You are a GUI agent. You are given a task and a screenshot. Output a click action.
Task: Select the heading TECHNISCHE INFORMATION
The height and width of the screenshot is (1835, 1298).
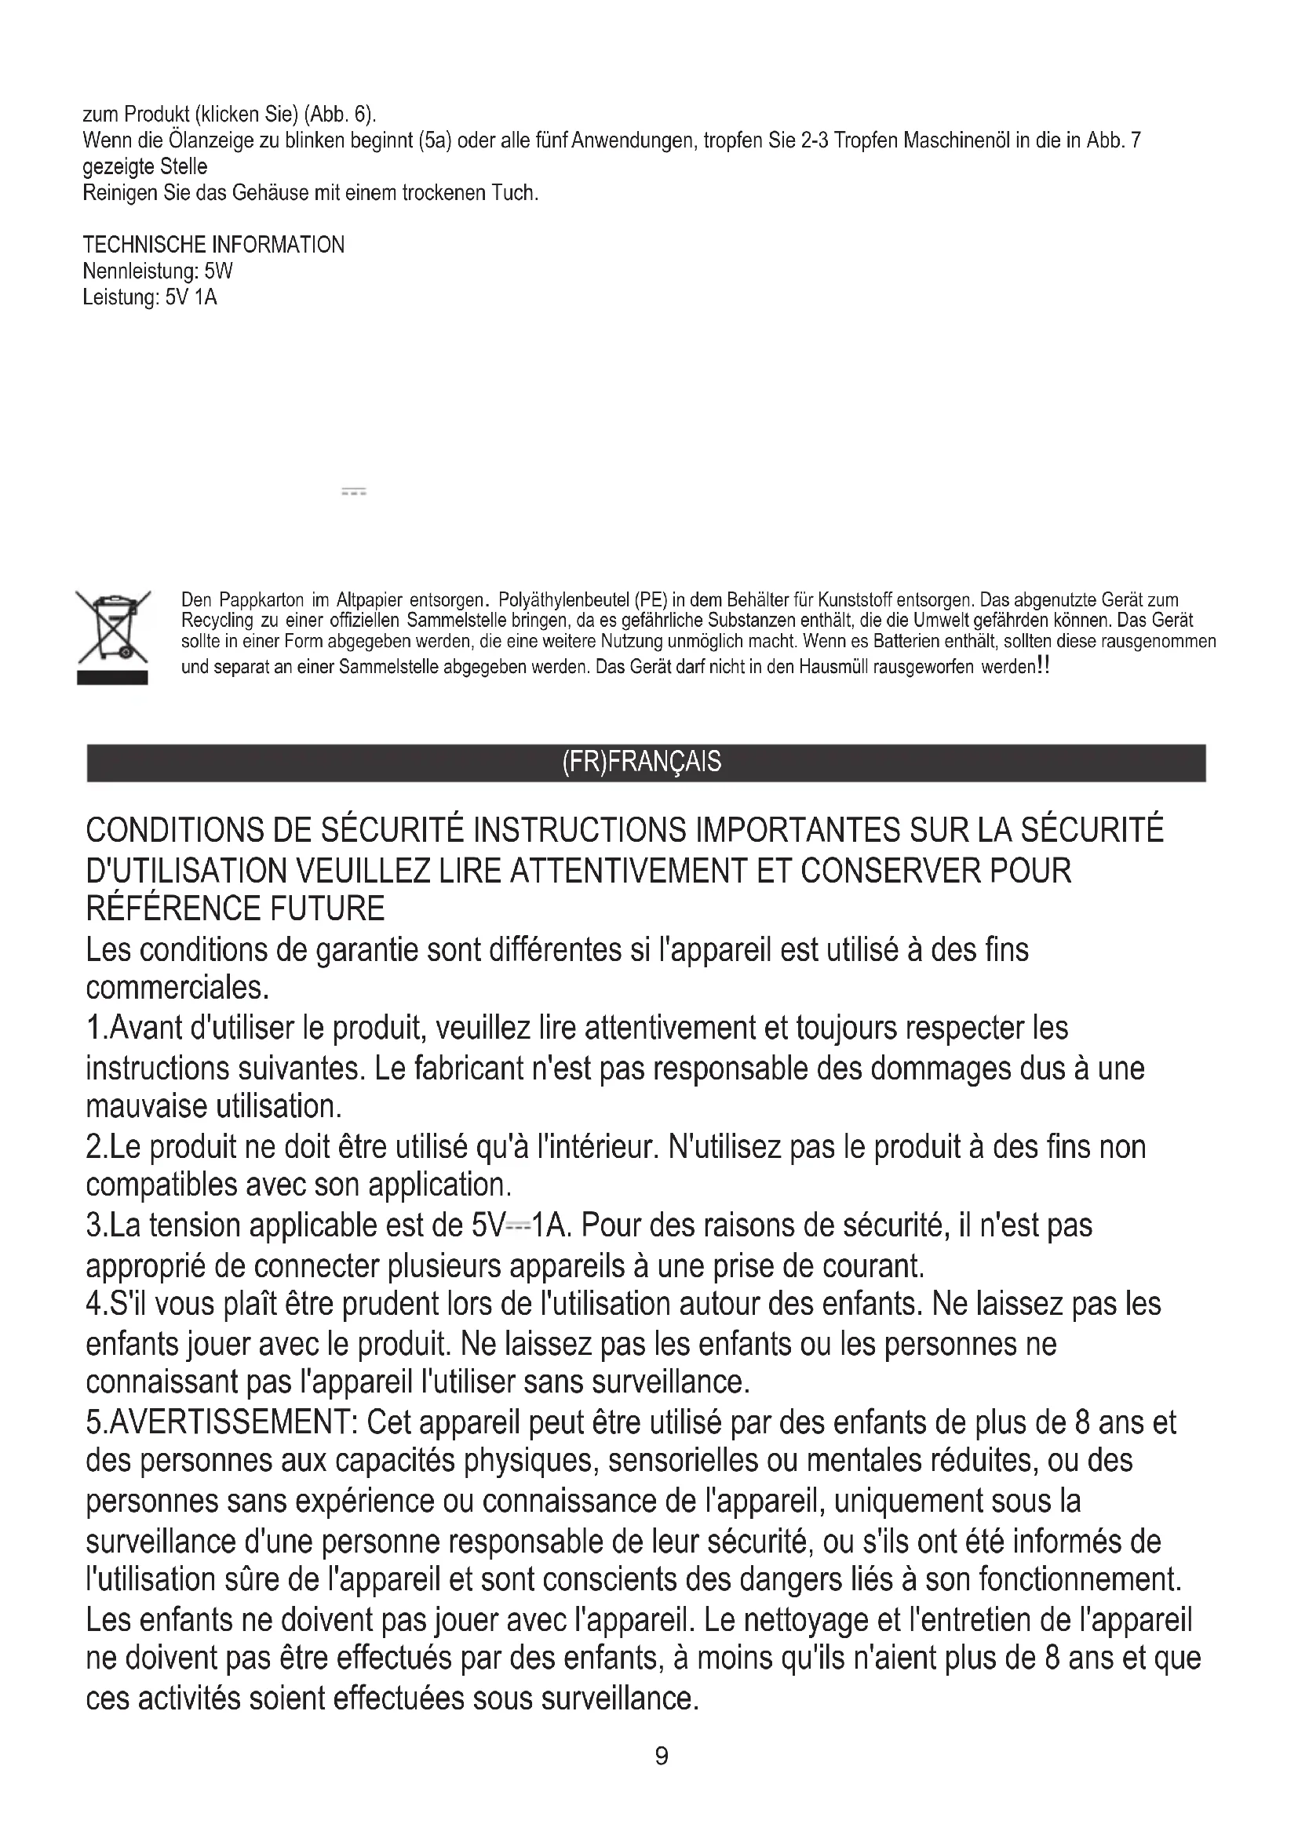(213, 245)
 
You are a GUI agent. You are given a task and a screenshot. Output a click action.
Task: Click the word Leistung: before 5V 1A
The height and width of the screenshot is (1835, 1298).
(121, 297)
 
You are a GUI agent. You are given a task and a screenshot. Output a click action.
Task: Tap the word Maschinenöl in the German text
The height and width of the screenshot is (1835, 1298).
(957, 140)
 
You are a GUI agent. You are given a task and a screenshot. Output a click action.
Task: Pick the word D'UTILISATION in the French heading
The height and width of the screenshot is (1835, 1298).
(185, 869)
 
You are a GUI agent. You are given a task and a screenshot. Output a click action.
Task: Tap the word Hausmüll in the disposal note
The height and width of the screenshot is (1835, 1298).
(834, 668)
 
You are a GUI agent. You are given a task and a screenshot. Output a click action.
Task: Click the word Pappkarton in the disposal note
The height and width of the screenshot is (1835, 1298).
(261, 599)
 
